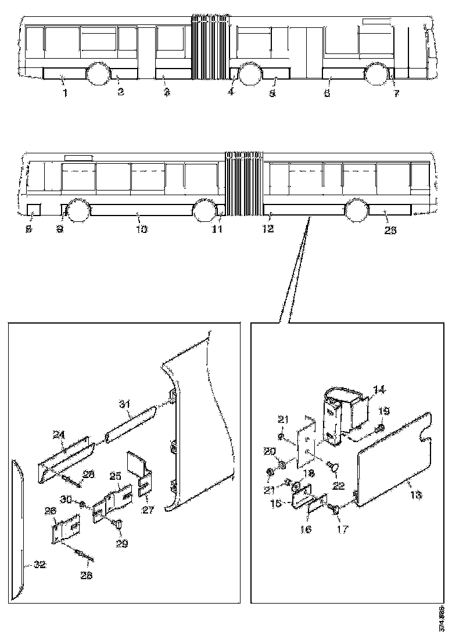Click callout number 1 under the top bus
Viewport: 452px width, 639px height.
pos(66,93)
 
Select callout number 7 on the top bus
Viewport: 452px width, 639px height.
pos(396,93)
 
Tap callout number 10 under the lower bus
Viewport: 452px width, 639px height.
pos(142,229)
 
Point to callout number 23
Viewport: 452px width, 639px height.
pos(390,230)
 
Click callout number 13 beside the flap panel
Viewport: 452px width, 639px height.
pos(417,495)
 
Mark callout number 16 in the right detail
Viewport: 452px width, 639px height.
pos(306,530)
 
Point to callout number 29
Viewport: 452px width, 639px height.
pos(121,543)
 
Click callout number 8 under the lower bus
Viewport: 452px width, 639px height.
pos(29,229)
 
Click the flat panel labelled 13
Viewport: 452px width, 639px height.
pos(395,459)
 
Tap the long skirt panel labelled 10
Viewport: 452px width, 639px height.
pos(142,210)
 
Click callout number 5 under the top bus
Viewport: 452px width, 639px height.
pos(272,93)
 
